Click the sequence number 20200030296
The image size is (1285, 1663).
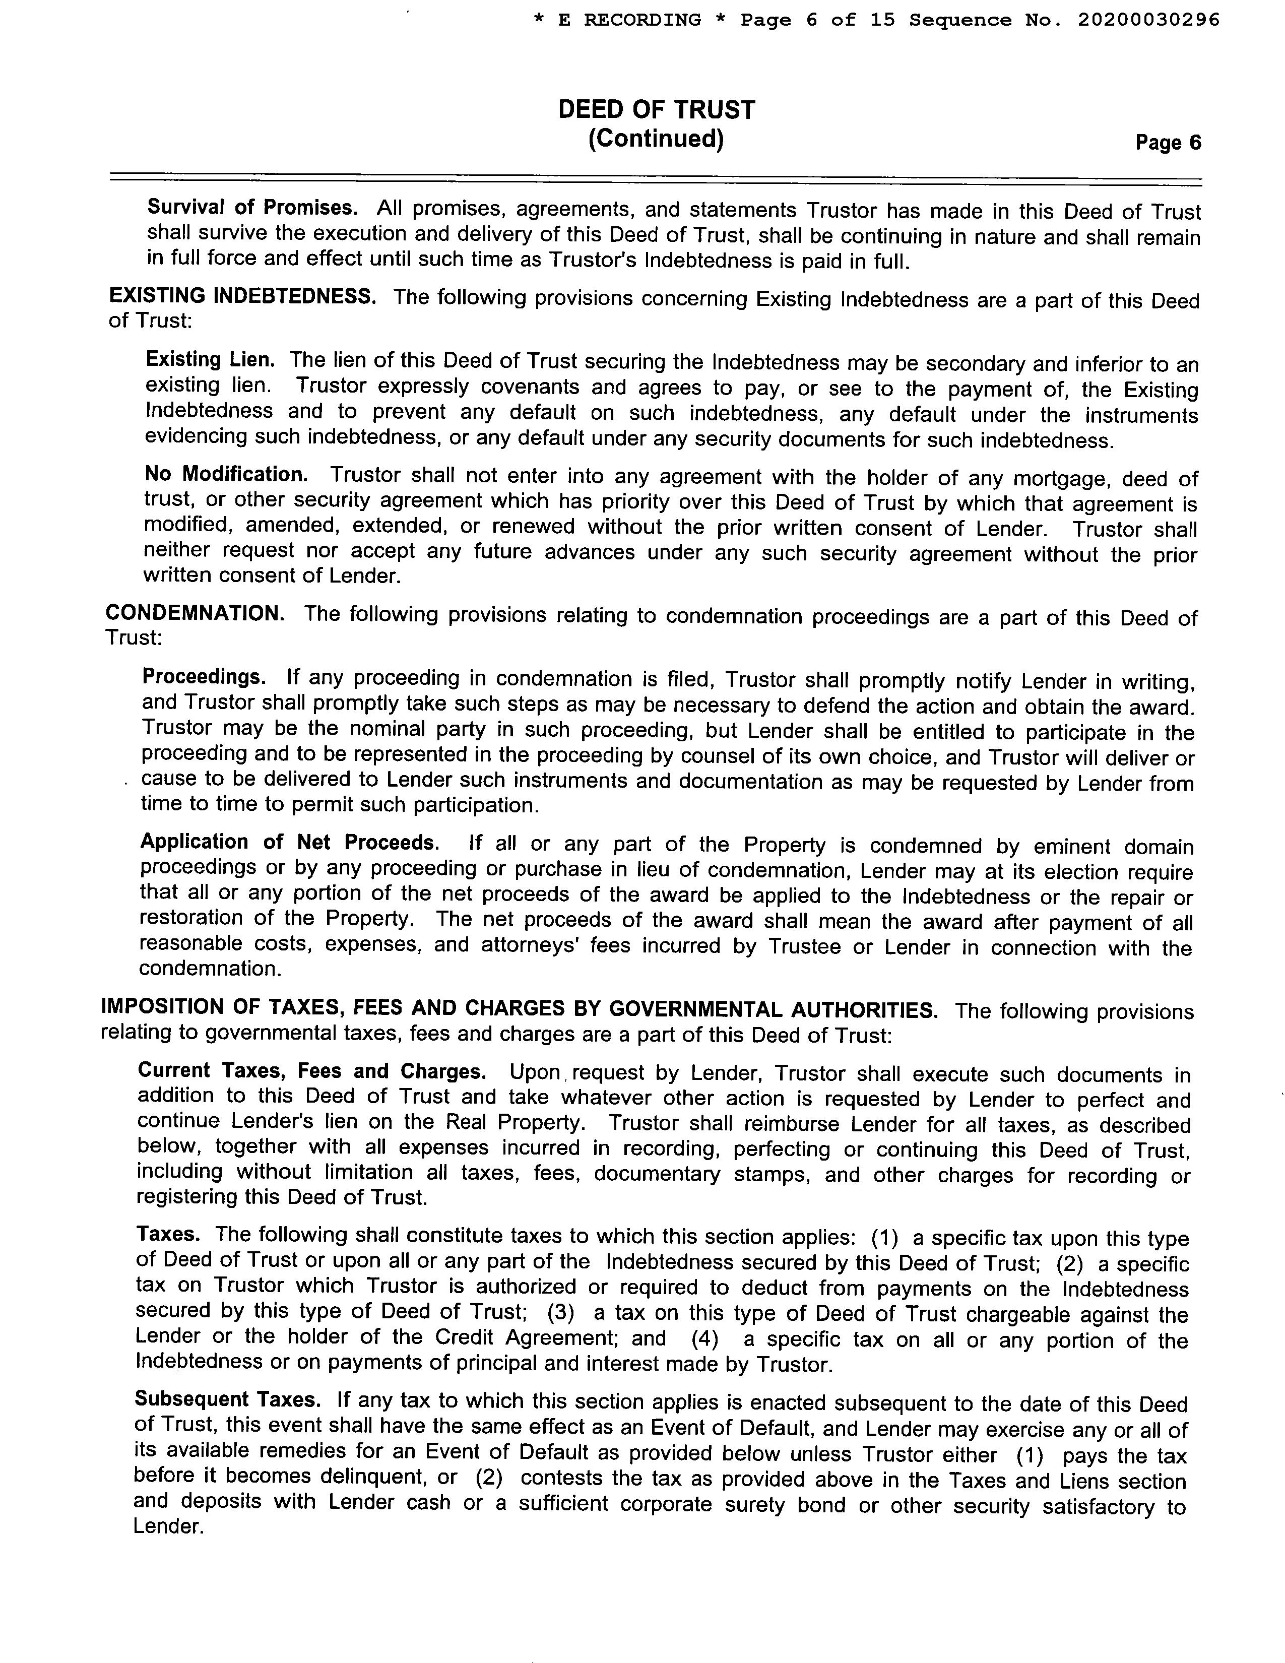pyautogui.click(x=1148, y=20)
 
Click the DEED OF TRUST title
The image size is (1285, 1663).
pyautogui.click(x=656, y=110)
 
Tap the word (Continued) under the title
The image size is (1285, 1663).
pyautogui.click(x=656, y=140)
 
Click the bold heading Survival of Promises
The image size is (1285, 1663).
pyautogui.click(x=252, y=207)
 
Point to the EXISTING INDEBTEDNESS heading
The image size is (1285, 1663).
pyautogui.click(x=242, y=296)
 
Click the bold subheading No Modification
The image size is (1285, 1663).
pyautogui.click(x=226, y=474)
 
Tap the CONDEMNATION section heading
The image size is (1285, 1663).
pyautogui.click(x=195, y=614)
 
